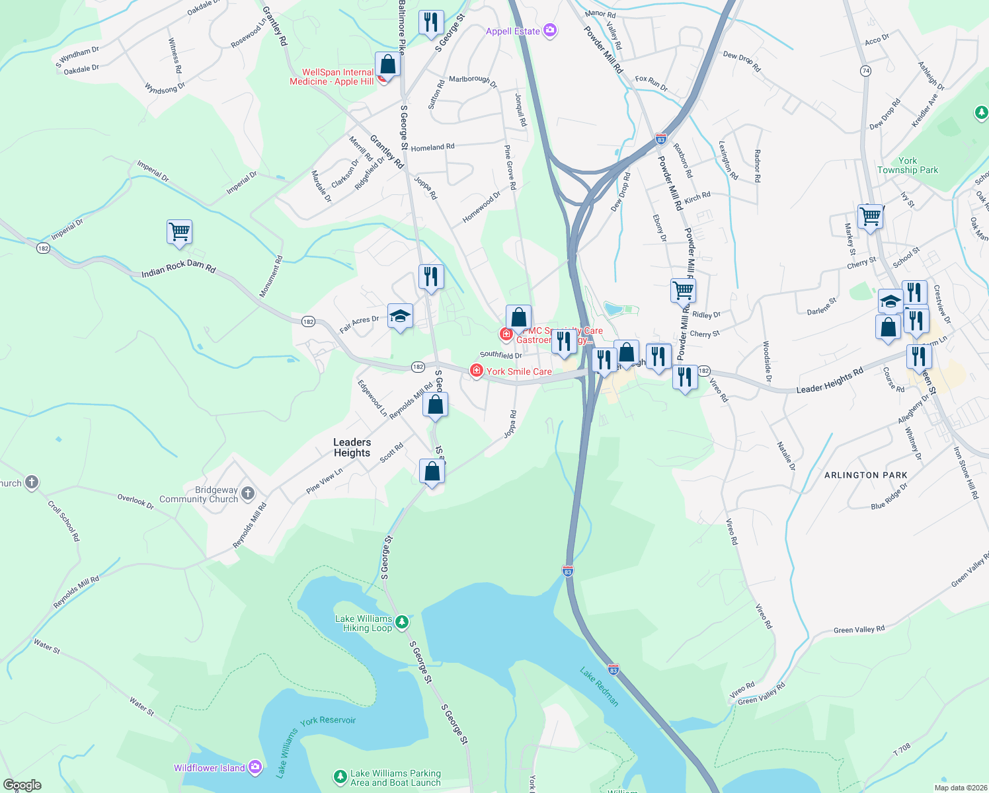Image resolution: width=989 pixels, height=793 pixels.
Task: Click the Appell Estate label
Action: (x=513, y=31)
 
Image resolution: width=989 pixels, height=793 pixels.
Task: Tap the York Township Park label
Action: (x=907, y=165)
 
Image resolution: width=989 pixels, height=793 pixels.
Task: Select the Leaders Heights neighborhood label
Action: (x=352, y=447)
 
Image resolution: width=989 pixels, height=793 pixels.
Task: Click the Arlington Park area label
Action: (x=865, y=475)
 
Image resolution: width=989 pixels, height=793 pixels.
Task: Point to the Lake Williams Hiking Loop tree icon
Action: (x=401, y=622)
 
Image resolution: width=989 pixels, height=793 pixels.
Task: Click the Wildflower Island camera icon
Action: (x=255, y=767)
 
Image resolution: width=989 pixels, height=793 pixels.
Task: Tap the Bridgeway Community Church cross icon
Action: (x=248, y=493)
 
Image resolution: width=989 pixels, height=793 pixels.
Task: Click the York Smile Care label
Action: (x=519, y=371)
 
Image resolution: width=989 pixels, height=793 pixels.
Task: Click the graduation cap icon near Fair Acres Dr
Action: (x=400, y=317)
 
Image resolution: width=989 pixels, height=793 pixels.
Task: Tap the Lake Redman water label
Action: (x=600, y=687)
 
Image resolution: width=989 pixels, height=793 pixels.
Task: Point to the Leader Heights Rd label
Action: (x=830, y=381)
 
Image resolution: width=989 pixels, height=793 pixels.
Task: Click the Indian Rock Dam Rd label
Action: (x=178, y=268)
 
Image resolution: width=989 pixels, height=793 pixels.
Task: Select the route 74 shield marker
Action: (x=865, y=71)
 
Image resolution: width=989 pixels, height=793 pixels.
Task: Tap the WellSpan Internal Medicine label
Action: (x=332, y=77)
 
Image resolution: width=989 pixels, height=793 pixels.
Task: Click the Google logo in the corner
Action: (x=22, y=785)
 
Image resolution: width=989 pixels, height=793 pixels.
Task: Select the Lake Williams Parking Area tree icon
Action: (x=340, y=776)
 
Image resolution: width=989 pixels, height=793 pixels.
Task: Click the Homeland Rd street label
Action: (x=432, y=147)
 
